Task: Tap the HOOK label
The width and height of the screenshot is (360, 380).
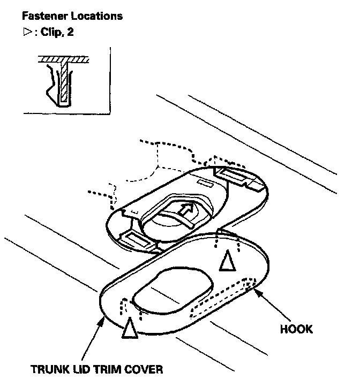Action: click(x=296, y=329)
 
